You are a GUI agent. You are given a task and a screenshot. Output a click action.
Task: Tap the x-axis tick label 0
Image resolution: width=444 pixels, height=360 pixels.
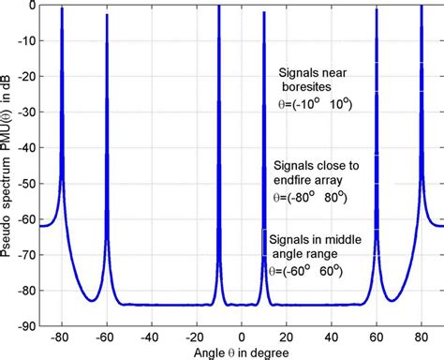tap(242, 333)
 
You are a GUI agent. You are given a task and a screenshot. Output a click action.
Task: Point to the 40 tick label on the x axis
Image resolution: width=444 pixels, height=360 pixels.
tap(332, 333)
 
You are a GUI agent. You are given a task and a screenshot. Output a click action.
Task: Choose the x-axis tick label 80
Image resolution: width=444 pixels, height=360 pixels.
tap(422, 333)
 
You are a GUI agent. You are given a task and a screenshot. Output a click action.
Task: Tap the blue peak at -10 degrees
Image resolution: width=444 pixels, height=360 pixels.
tap(219, 7)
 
